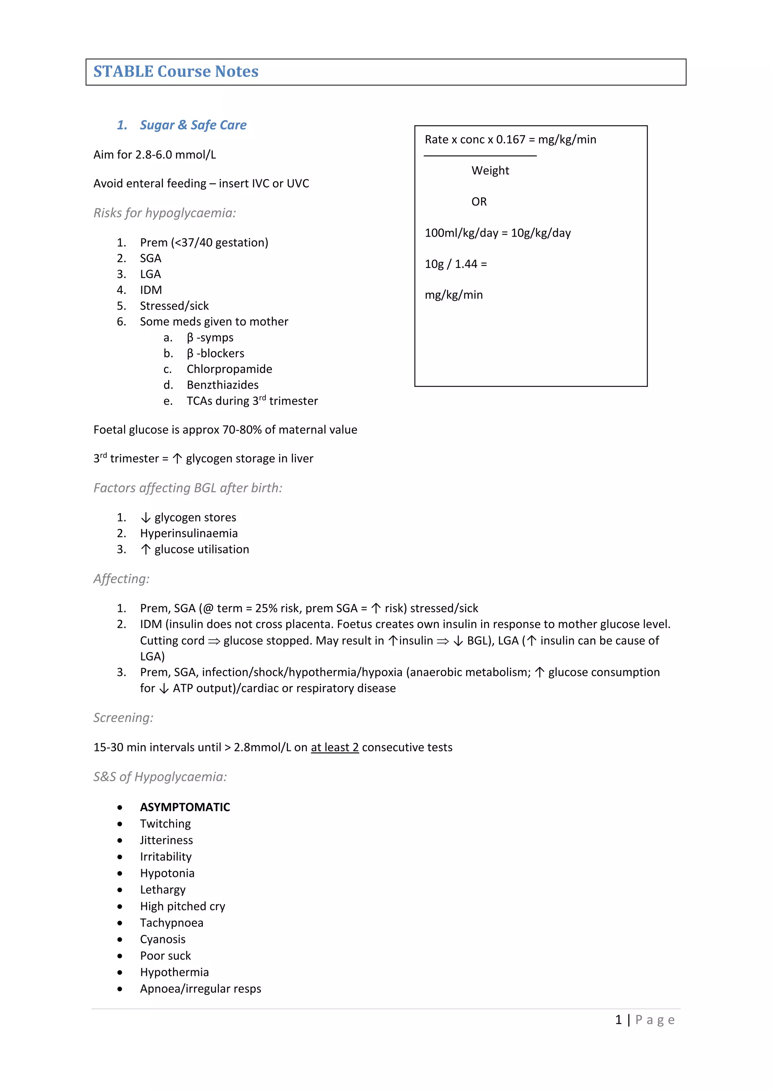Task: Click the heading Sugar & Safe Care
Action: click(x=193, y=125)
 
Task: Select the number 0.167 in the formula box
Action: click(x=510, y=140)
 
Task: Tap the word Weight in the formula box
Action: click(x=490, y=171)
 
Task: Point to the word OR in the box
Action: click(x=479, y=202)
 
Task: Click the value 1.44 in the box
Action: click(x=466, y=264)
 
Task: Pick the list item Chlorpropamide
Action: click(x=229, y=369)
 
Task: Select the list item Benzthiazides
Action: click(x=222, y=385)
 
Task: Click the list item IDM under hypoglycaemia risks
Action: click(x=151, y=290)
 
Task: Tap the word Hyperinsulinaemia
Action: click(x=189, y=533)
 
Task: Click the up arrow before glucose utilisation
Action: click(x=146, y=549)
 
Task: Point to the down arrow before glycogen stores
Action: click(x=146, y=518)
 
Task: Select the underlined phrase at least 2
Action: click(x=335, y=747)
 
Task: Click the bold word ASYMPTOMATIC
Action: click(x=185, y=807)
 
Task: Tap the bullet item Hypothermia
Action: click(x=175, y=972)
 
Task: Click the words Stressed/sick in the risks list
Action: click(x=174, y=306)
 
